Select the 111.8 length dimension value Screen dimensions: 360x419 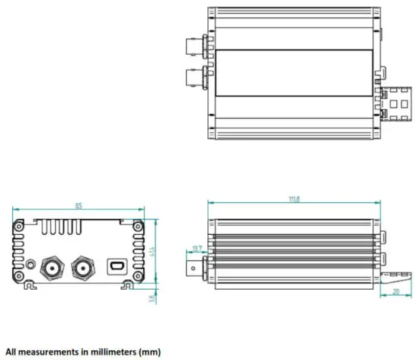pos(293,199)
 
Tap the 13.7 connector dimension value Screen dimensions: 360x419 pos(198,249)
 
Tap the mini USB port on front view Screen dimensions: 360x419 pos(117,266)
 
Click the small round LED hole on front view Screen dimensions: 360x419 pos(30,266)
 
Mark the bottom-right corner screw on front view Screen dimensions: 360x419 pos(137,275)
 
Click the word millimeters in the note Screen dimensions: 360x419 pos(107,352)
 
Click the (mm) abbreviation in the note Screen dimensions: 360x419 pos(149,352)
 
